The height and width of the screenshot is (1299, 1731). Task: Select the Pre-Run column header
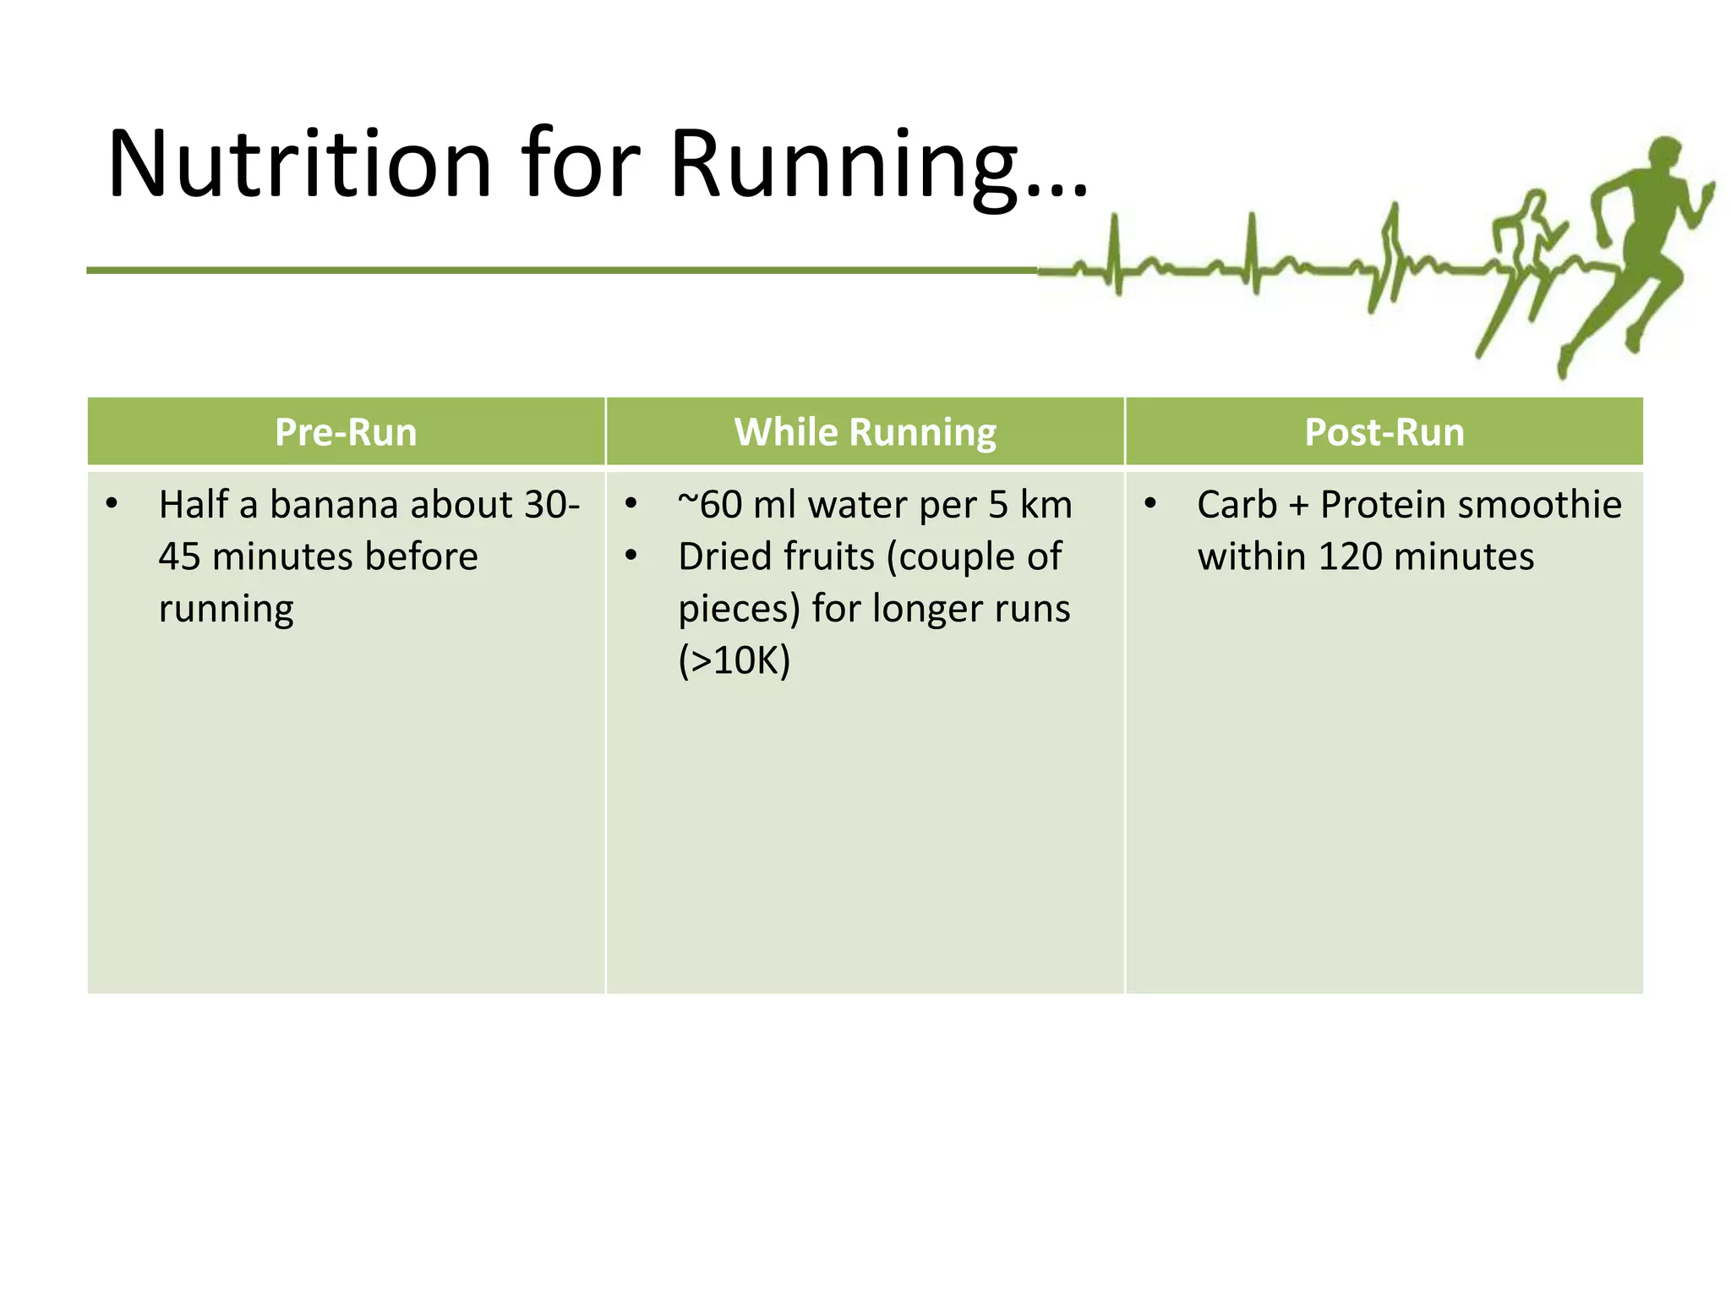346,432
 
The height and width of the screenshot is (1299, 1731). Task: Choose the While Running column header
865,432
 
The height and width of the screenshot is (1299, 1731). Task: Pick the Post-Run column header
1384,432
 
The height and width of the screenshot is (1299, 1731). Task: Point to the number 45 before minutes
179,557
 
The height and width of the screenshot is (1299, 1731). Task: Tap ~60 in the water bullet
709,505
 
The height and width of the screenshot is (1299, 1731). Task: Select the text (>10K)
734,660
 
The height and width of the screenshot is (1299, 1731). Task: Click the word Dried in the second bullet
734,557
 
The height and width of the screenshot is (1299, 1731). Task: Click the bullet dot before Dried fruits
631,556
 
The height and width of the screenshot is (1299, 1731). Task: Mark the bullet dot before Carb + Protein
1150,505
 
